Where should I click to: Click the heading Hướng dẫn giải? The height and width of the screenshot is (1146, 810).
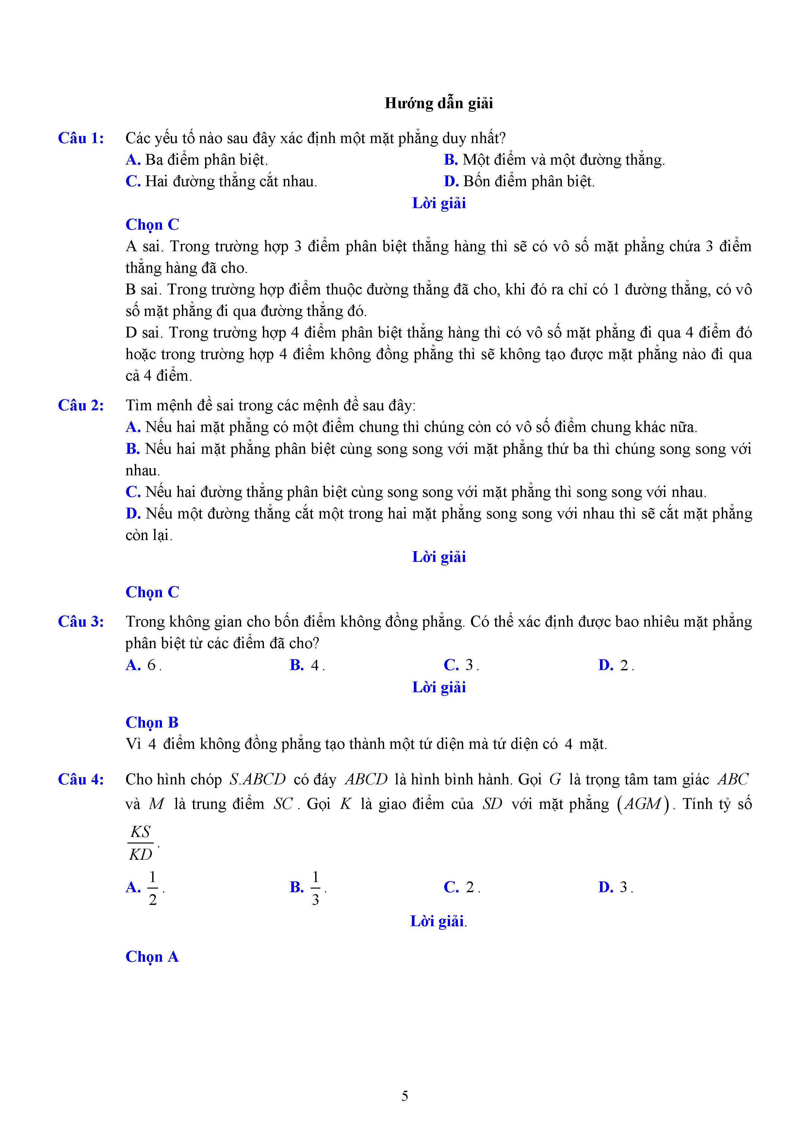tap(438, 103)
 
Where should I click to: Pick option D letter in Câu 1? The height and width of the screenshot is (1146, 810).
tap(451, 181)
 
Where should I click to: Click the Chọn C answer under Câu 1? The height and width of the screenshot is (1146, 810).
tap(152, 225)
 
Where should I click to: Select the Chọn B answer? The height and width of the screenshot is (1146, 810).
tap(152, 723)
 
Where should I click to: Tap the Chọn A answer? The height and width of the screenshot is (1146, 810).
tap(152, 957)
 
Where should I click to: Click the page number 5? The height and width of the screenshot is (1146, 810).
tap(405, 1096)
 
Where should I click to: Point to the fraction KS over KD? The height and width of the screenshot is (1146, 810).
tap(141, 843)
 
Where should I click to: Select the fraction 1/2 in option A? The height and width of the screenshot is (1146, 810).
tap(153, 889)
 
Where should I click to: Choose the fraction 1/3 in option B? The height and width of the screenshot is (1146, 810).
tap(316, 889)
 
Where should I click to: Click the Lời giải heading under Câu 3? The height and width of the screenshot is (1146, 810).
tap(439, 687)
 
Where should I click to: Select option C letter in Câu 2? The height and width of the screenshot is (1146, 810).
tap(133, 492)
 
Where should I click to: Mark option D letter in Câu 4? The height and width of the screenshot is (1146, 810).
tap(606, 888)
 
